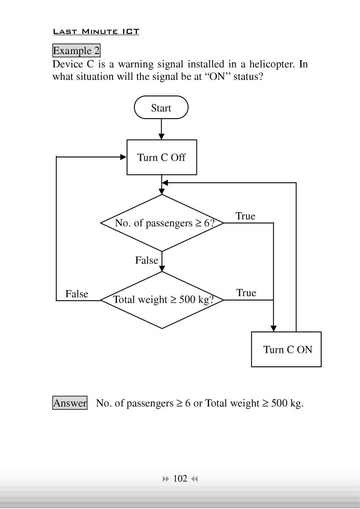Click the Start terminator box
(161, 108)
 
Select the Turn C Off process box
(161, 157)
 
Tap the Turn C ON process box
(286, 349)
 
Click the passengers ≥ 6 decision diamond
(162, 223)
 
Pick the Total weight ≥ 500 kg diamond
(162, 300)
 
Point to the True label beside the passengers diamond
(245, 216)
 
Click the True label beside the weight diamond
(246, 293)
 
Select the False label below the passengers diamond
(147, 260)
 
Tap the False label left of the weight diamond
(77, 294)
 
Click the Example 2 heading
(76, 51)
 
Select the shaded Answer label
(70, 403)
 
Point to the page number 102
(180, 479)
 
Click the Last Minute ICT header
(96, 32)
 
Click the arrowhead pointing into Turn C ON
(274, 328)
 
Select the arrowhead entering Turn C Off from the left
(123, 157)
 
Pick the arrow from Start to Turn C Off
(161, 129)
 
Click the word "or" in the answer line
(198, 403)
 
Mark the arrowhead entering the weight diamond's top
(162, 269)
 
